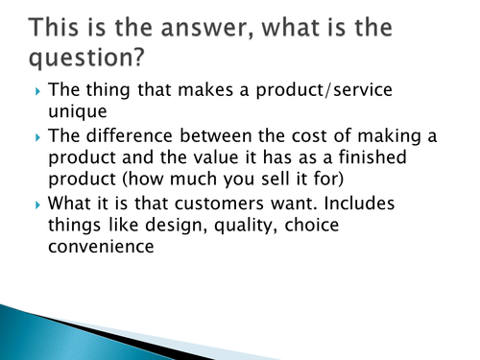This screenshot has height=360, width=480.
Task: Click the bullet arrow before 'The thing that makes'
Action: [x=37, y=92]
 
